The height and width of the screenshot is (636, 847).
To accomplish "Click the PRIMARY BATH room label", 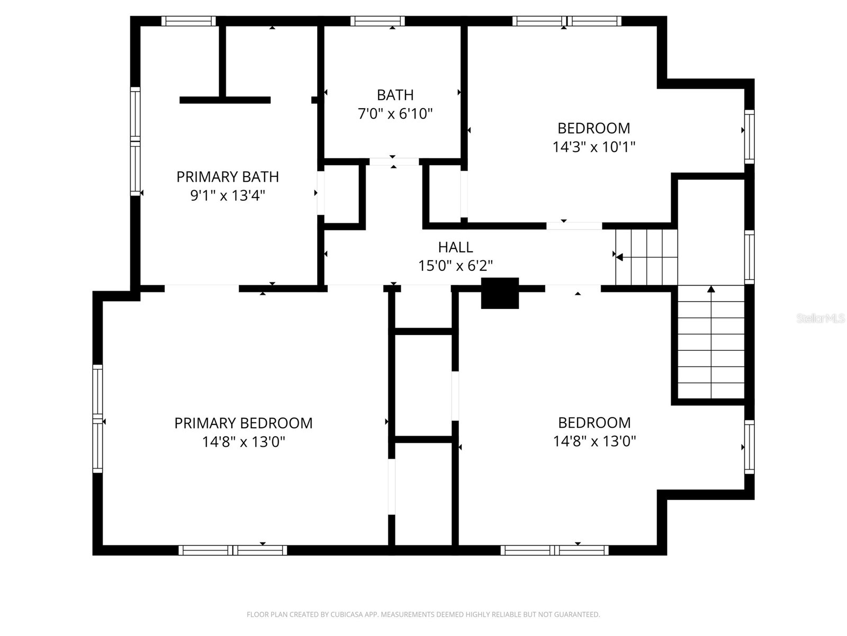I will point(228,176).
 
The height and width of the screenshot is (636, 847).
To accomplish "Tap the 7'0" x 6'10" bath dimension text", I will point(395,113).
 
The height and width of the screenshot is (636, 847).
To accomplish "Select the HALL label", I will point(455,247).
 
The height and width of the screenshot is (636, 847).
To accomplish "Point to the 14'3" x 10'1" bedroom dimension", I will point(593,147).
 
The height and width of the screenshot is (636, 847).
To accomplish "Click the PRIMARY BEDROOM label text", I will point(243,423).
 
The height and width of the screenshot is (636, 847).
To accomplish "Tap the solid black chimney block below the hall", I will point(500,293).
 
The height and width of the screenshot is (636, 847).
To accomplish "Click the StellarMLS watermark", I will point(821,319).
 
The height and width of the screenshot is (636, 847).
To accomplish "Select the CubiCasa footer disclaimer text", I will point(423,615).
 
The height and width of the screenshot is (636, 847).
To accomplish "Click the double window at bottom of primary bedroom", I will point(233,550).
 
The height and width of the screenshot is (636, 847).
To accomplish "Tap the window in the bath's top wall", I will point(377,21).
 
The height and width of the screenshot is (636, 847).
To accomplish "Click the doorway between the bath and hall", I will point(394,162).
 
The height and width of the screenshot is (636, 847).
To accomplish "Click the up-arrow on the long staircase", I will point(711,289).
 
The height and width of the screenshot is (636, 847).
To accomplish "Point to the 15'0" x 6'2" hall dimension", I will point(455,266).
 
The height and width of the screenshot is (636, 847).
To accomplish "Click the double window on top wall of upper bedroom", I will point(566,21).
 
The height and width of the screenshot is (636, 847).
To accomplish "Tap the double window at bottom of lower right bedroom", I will point(554,550).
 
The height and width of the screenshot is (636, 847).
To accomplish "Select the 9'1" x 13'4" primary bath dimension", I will point(228,196).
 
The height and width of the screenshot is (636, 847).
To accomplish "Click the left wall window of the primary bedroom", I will point(97,419).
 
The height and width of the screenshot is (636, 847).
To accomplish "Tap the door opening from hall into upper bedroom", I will point(574,226).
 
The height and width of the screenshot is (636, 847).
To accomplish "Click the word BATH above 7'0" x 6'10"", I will point(395,95).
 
